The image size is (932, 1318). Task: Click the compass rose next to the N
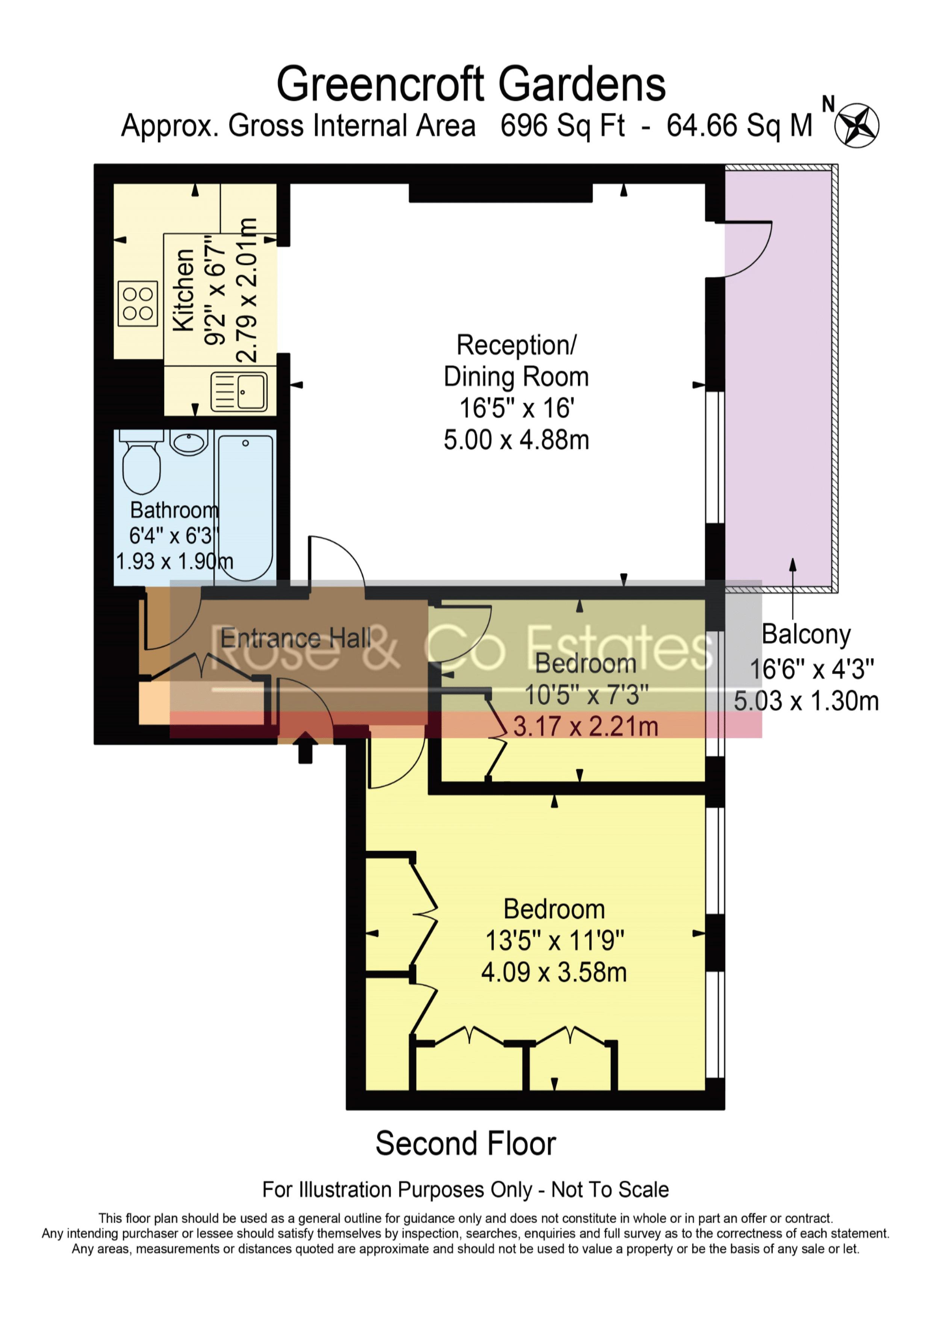856,125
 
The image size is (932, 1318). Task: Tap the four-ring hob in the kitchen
138,304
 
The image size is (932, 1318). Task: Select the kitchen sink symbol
239,392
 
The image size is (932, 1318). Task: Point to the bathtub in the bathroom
246,507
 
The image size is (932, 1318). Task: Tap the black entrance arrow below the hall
305,748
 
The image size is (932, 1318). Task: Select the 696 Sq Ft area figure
563,126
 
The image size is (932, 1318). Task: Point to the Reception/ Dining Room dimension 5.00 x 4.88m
516,440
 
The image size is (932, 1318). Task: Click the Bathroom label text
174,510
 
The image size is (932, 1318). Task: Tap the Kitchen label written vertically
184,290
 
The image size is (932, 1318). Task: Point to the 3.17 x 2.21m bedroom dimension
586,727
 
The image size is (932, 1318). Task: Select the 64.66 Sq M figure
740,126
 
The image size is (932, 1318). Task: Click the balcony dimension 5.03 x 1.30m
806,702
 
